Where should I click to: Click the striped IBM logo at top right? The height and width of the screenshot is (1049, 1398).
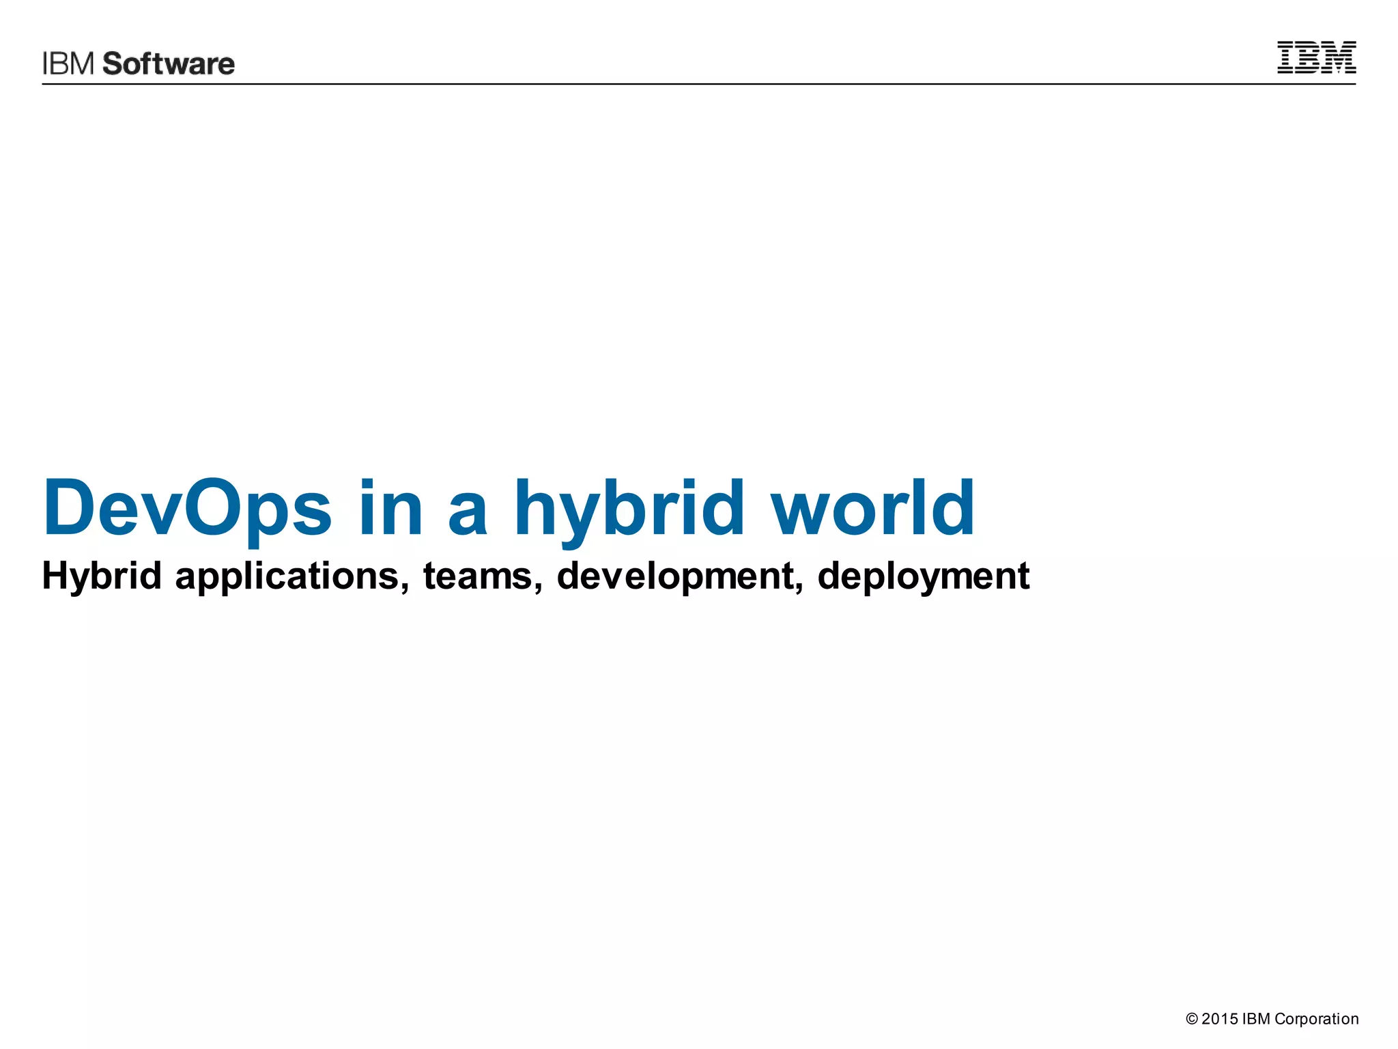coord(1316,57)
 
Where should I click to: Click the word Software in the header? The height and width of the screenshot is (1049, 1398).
coord(169,64)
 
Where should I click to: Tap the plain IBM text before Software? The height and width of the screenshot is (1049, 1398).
coord(68,64)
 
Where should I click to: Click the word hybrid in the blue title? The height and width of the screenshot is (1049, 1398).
coord(629,509)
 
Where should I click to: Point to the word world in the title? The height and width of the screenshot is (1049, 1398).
coord(872,509)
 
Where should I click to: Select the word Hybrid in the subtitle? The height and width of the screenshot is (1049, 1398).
coord(102,576)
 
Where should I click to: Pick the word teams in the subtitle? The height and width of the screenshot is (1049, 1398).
coord(477,576)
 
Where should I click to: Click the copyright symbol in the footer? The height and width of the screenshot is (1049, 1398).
coord(1192,1019)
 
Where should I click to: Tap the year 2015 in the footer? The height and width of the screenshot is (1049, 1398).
coord(1219,1019)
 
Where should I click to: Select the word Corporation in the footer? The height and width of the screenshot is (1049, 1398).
coord(1316,1020)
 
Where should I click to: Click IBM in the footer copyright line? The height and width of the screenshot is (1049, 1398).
coord(1256,1019)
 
